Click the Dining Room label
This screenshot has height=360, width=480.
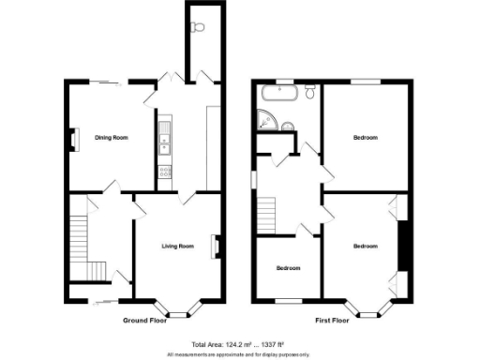111,138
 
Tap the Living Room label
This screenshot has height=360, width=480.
177,247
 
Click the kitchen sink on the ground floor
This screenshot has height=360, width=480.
164,142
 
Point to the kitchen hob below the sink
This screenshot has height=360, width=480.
164,171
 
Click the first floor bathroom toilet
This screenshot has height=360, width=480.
309,92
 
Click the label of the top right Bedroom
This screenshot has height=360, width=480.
365,138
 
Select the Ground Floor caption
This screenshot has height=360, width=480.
145,321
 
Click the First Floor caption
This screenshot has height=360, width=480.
334,321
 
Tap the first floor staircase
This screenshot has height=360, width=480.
269,217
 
